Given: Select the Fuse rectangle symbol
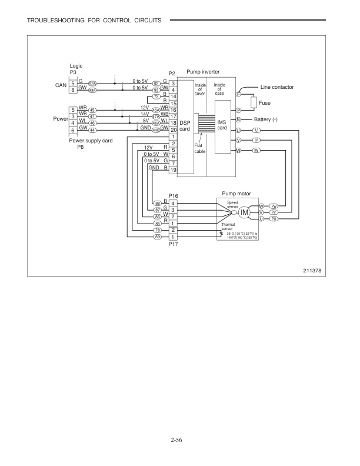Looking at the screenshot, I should [255, 104].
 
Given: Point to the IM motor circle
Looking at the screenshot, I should [245, 212].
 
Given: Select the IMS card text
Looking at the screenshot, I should [222, 125].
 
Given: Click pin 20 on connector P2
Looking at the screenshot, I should [174, 129].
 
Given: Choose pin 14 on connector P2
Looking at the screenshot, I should [174, 96].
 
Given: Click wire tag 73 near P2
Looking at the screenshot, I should [156, 96].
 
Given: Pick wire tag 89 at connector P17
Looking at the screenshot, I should [157, 237].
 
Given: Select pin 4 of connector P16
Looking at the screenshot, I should [174, 203].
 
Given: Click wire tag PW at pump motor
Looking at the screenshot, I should [274, 206].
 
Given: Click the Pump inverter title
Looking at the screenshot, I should [203, 71].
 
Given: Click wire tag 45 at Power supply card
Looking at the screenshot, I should [92, 109].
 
